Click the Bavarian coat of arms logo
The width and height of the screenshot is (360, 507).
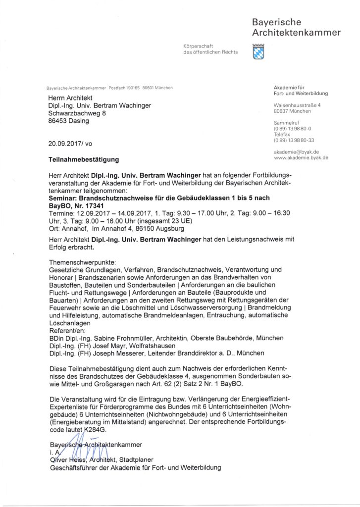point(258,51)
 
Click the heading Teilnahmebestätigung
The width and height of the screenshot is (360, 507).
point(84,160)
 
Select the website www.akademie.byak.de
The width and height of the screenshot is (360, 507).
point(301,157)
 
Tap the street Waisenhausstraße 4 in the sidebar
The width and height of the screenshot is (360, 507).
point(297,105)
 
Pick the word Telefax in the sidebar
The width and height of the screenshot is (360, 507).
point(282,134)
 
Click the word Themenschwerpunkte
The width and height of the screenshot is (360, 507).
point(82,261)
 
